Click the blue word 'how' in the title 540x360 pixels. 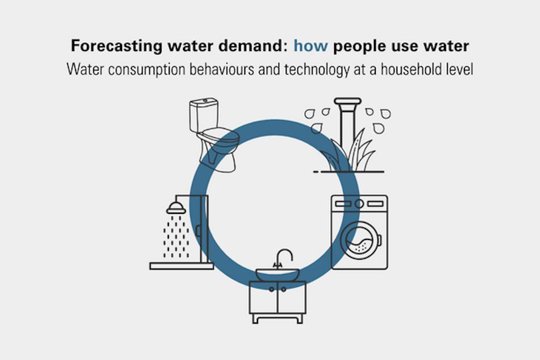click(x=310, y=46)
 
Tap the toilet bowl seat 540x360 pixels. click(x=220, y=138)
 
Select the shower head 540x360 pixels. click(x=176, y=208)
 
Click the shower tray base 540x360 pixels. click(x=181, y=266)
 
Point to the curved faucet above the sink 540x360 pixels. click(x=285, y=256)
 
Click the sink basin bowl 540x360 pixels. click(x=277, y=275)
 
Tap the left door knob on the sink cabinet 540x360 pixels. click(x=272, y=289)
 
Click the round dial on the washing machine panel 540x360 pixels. click(x=359, y=204)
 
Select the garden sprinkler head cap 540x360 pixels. click(x=347, y=101)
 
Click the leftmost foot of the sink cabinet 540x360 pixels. click(x=255, y=318)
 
